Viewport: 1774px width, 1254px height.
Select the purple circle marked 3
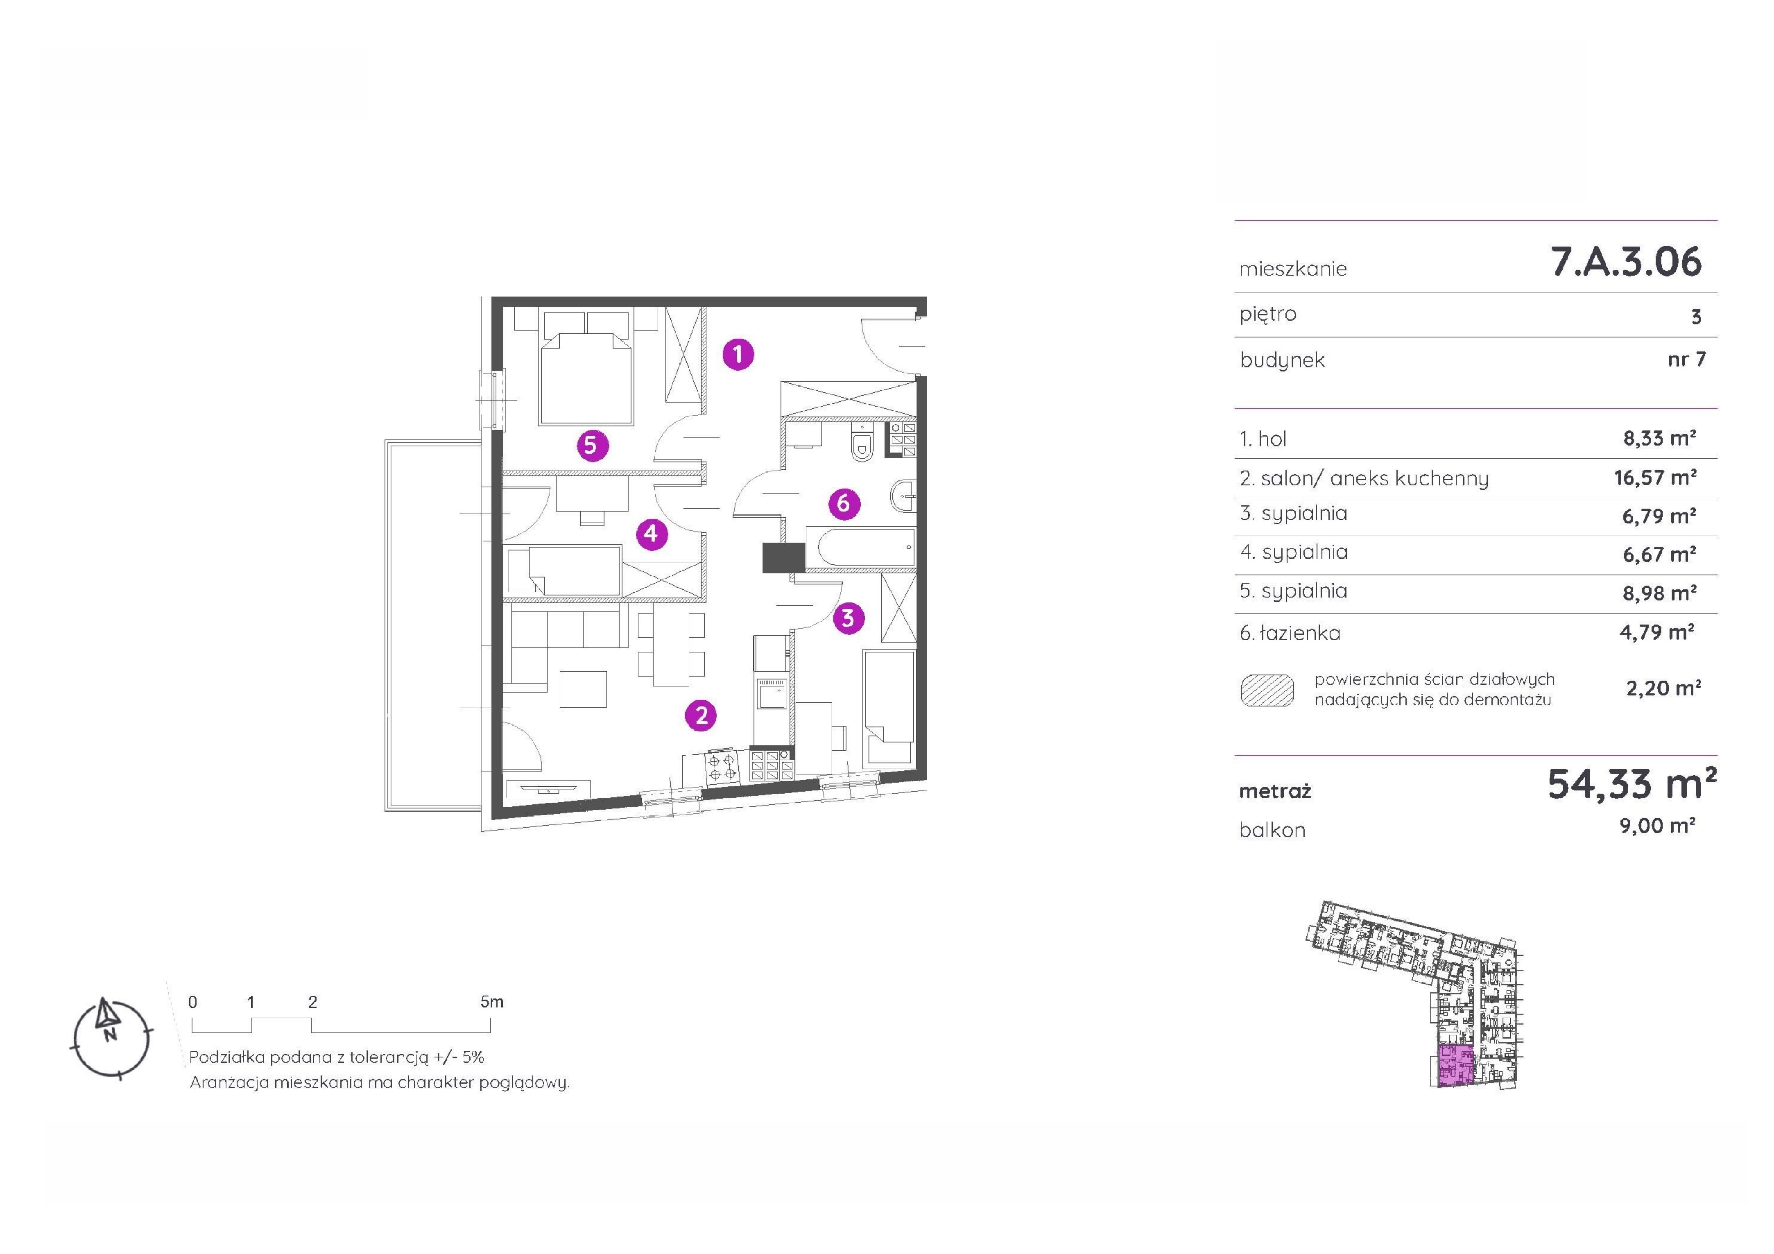coord(848,618)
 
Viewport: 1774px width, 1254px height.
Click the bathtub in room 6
coord(860,547)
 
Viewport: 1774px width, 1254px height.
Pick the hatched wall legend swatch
coord(1267,690)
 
